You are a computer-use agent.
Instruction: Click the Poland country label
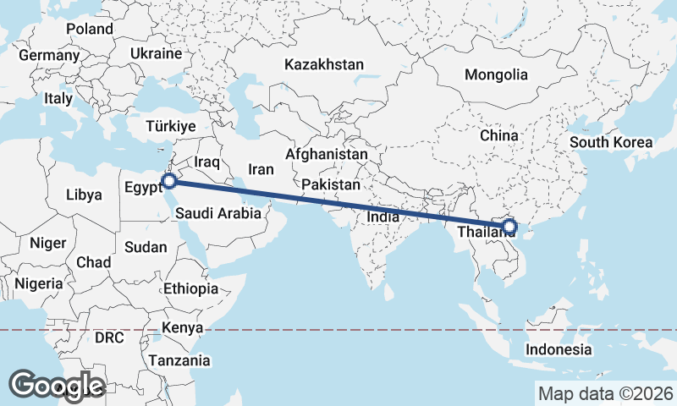(90, 29)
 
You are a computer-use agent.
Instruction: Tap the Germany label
(48, 56)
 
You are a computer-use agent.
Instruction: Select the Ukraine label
(156, 53)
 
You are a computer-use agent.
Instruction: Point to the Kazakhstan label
(324, 64)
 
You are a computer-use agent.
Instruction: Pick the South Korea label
(611, 142)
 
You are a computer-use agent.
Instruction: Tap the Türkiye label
(170, 125)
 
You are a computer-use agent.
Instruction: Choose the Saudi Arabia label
(219, 214)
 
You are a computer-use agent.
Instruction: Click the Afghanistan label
(327, 155)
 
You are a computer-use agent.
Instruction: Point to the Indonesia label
(559, 349)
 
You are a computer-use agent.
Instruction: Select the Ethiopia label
(190, 288)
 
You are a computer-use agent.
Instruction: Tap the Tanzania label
(179, 360)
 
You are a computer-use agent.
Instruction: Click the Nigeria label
(39, 284)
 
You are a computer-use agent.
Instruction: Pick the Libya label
(84, 195)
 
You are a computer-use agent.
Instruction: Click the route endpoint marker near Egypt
(169, 180)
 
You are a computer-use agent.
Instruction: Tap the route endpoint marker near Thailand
(509, 226)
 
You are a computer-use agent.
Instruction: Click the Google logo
(57, 385)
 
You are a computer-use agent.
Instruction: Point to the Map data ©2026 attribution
(606, 393)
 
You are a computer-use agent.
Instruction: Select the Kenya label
(182, 328)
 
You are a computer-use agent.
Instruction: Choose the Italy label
(58, 98)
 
